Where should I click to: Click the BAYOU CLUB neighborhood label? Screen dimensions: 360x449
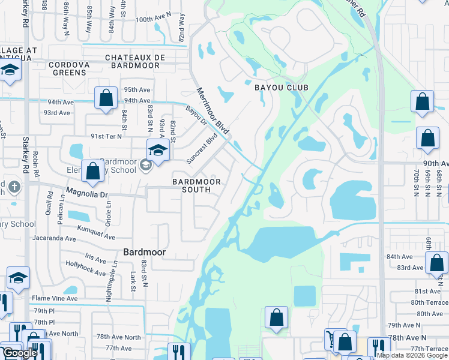[x=281, y=88]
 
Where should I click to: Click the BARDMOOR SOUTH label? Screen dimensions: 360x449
[x=196, y=185]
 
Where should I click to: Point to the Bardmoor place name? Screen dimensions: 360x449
[x=144, y=253]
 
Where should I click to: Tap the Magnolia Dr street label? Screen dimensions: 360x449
[x=86, y=194]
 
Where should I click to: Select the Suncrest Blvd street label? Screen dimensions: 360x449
[x=202, y=149]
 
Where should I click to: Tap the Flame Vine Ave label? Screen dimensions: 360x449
[x=55, y=298]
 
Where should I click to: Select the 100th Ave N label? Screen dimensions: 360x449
[x=152, y=20]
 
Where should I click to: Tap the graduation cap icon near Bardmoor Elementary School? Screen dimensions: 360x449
[x=157, y=149]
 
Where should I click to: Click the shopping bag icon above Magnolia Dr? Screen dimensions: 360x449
[x=93, y=171]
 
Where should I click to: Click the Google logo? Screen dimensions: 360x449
[x=19, y=353]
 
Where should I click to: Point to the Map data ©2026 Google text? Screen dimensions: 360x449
[x=412, y=355]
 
